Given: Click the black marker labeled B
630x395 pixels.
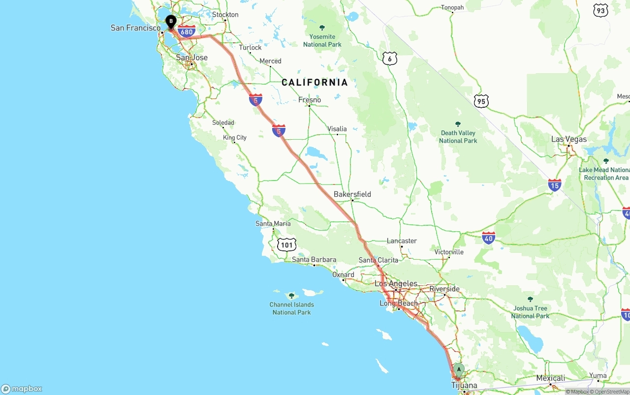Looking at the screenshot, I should (171, 22).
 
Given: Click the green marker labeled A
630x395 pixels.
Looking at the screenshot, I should (459, 369).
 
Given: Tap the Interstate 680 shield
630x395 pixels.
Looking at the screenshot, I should (187, 32).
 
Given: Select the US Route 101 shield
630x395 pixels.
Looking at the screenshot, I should (286, 244).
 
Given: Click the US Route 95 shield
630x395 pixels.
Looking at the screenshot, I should (481, 101).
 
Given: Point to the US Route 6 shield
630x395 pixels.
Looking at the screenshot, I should (389, 59).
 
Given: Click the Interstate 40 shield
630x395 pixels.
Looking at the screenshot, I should (488, 239).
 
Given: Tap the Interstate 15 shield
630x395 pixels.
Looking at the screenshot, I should (555, 185).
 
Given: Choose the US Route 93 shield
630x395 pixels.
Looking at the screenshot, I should (600, 10).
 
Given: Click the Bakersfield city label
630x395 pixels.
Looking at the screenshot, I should (352, 194).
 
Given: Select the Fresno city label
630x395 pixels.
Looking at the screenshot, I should (310, 100).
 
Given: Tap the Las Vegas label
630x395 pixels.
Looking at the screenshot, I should (568, 139).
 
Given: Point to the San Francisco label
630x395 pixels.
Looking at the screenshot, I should (136, 28).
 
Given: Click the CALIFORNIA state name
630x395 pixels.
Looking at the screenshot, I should (315, 82).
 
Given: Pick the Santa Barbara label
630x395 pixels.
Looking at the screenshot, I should (314, 259).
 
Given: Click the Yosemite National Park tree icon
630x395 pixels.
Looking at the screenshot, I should (322, 28).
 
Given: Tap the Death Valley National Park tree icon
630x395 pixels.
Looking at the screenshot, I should (458, 124).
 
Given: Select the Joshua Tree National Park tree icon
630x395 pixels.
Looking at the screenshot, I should (530, 299).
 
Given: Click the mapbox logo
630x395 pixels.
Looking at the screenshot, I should (22, 389).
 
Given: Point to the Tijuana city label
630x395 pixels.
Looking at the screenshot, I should (464, 385).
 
